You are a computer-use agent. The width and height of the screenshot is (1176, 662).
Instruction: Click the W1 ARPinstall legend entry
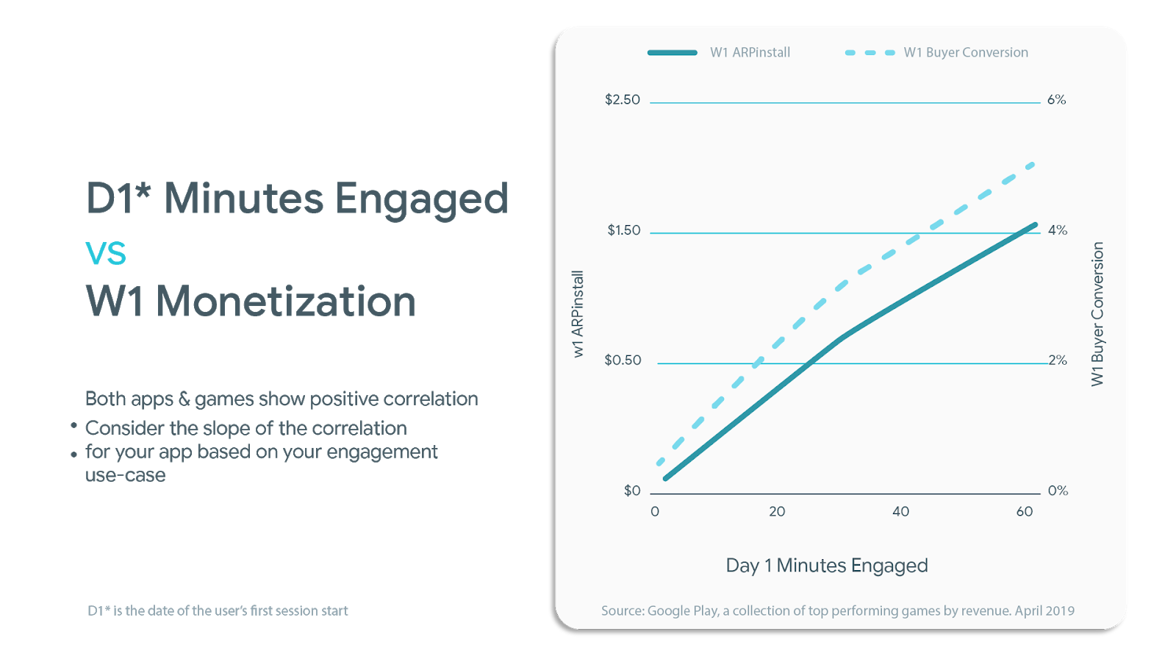pos(750,52)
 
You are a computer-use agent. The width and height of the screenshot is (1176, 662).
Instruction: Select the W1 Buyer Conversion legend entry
pos(965,52)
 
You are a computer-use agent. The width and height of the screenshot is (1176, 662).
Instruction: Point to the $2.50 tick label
pos(622,100)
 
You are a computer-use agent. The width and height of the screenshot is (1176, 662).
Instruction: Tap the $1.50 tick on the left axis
pos(623,230)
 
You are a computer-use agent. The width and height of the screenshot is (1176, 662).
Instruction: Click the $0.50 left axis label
pos(623,360)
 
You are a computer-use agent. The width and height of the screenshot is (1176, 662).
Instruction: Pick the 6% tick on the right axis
pos(1056,100)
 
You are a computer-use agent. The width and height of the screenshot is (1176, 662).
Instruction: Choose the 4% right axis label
pos(1057,230)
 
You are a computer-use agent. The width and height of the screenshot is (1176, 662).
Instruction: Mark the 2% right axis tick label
pos(1058,360)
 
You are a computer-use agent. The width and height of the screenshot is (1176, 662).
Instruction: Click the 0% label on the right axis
pos(1058,491)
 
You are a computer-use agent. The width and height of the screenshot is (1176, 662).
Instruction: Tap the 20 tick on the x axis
pos(777,512)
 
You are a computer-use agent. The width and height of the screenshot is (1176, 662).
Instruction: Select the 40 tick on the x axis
pos(900,512)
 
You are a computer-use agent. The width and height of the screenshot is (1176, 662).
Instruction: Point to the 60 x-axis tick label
pos(1024,512)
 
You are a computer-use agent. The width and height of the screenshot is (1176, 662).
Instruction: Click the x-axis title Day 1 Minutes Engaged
pos(827,566)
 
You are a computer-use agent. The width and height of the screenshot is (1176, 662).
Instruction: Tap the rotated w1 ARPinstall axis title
pos(578,314)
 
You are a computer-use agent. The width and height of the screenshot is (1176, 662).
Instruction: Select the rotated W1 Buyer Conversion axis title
pos(1097,314)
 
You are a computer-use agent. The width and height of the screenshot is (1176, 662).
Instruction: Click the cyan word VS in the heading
pos(106,254)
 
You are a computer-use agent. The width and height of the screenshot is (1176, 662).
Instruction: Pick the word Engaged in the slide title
pos(422,199)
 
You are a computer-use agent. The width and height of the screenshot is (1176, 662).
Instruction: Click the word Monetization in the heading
pos(287,302)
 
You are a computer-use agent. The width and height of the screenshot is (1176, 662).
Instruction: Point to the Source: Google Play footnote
pos(837,611)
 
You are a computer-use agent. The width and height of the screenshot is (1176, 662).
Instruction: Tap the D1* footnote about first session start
pos(218,611)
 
